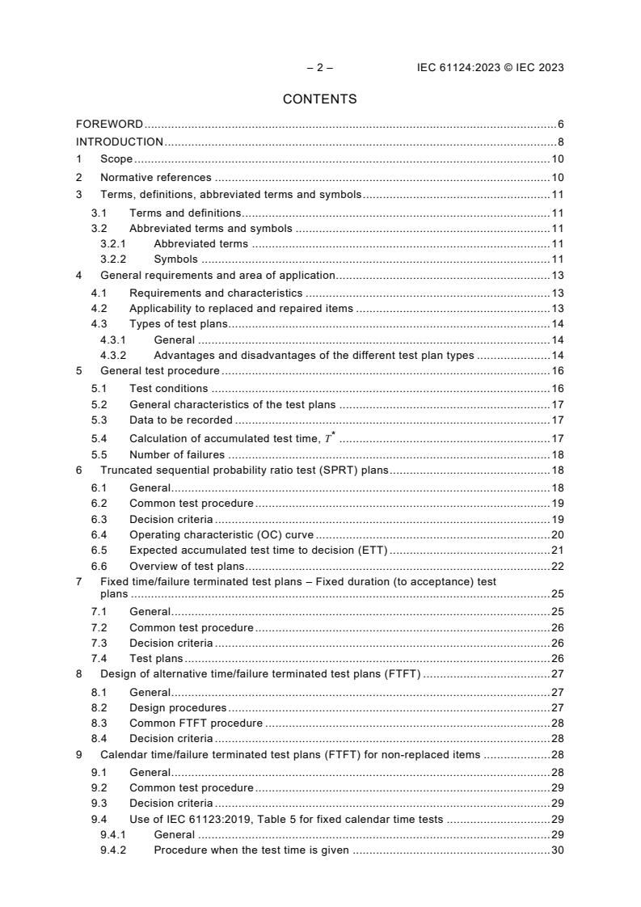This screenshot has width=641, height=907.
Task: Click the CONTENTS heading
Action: click(319, 99)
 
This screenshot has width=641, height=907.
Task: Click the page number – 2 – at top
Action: click(319, 68)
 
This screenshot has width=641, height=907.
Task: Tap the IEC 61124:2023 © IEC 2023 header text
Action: click(484, 68)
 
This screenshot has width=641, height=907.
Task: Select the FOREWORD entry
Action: click(109, 124)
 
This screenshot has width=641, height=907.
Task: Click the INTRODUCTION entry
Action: click(120, 142)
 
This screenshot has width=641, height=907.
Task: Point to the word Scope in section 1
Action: click(116, 159)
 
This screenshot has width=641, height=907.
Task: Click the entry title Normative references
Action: click(155, 177)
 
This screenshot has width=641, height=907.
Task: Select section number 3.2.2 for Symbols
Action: click(114, 259)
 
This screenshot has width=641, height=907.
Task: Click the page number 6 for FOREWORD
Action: click(560, 124)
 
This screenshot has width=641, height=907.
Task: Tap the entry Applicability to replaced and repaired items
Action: click(241, 308)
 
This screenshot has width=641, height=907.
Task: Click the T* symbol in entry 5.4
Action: click(329, 437)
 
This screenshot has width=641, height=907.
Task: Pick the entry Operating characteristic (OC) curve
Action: click(221, 534)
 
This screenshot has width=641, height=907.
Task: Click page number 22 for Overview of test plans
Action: click(557, 566)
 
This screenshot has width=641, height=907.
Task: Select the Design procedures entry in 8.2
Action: click(178, 707)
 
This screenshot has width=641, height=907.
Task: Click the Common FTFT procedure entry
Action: click(196, 723)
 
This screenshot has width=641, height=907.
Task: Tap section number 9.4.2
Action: click(114, 850)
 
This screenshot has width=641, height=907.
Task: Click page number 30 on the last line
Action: click(557, 850)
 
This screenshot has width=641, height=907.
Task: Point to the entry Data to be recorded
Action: click(181, 420)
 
